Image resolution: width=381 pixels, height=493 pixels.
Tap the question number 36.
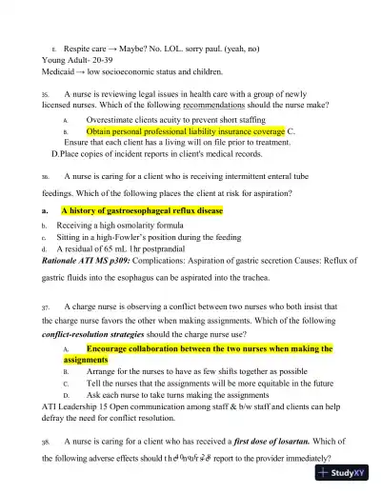pyautogui.click(x=45, y=177)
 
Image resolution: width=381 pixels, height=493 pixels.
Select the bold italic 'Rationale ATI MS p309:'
pyautogui.click(x=91, y=262)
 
